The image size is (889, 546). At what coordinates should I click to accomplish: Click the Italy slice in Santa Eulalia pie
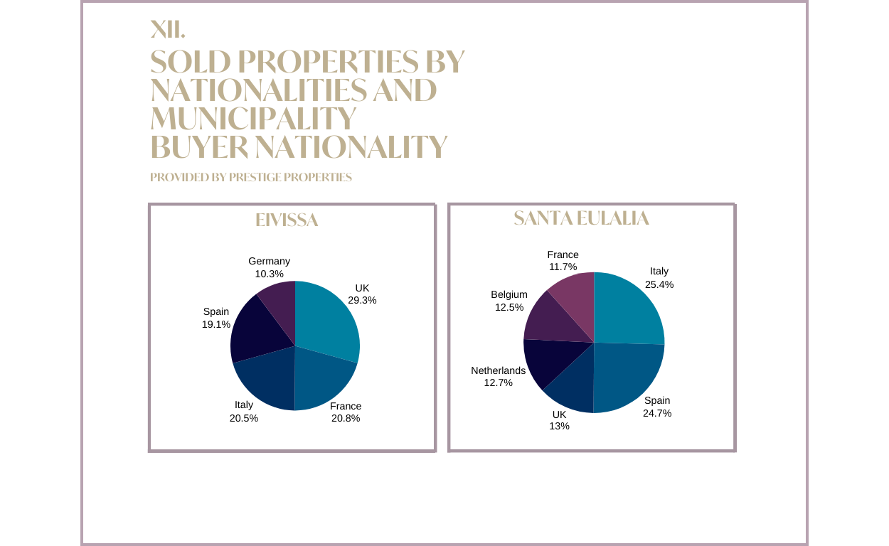[x=626, y=309]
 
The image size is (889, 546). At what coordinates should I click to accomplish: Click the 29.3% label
[x=362, y=300]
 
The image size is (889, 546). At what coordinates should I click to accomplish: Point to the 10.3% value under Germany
[x=269, y=274]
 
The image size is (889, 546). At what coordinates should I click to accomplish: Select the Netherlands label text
[x=498, y=370]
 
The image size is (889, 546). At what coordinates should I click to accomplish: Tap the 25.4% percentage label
[x=659, y=284]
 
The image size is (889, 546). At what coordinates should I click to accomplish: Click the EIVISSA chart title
[x=287, y=220]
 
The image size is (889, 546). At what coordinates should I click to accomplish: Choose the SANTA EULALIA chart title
[x=581, y=218]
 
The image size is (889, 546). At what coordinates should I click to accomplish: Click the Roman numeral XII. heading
[x=168, y=29]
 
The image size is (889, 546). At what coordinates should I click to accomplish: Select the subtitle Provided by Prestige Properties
[x=251, y=177]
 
